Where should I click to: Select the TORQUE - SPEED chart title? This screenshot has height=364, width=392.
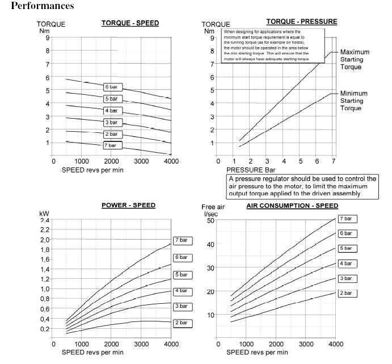[130, 23]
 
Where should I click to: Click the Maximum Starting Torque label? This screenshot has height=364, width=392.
[355, 59]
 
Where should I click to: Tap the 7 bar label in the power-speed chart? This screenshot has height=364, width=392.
[183, 241]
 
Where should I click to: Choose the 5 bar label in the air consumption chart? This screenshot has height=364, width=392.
[346, 248]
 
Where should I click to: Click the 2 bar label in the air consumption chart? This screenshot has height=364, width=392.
[346, 292]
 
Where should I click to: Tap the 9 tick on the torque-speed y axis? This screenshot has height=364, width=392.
[47, 37]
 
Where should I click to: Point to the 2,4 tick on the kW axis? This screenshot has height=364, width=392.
[44, 220]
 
